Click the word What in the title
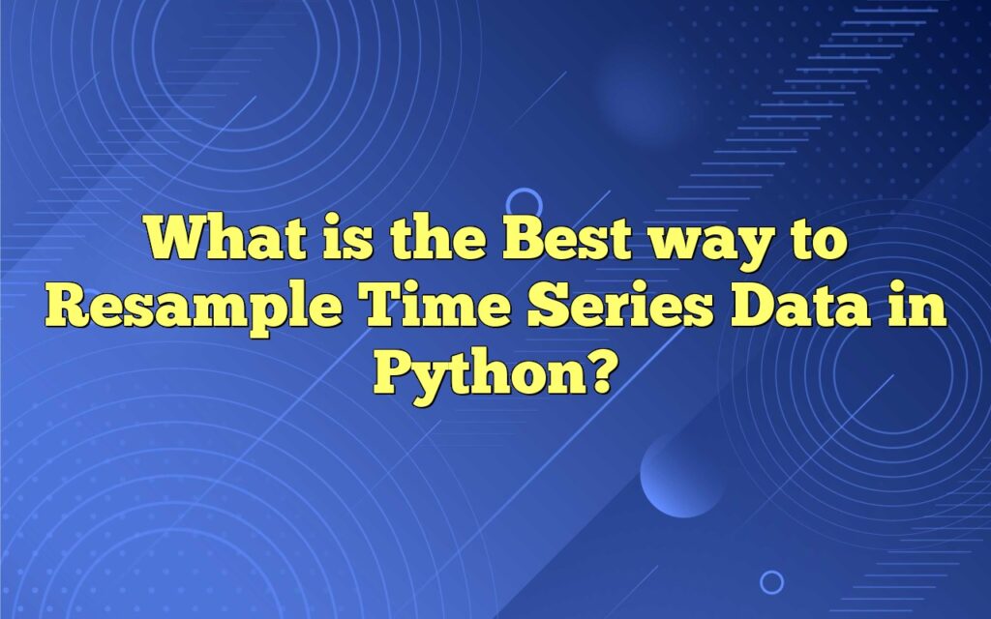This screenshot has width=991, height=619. (x=215, y=238)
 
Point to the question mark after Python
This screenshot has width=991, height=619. (x=597, y=369)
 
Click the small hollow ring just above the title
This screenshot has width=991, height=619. (x=524, y=203)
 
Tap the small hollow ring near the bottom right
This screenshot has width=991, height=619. (x=771, y=581)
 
